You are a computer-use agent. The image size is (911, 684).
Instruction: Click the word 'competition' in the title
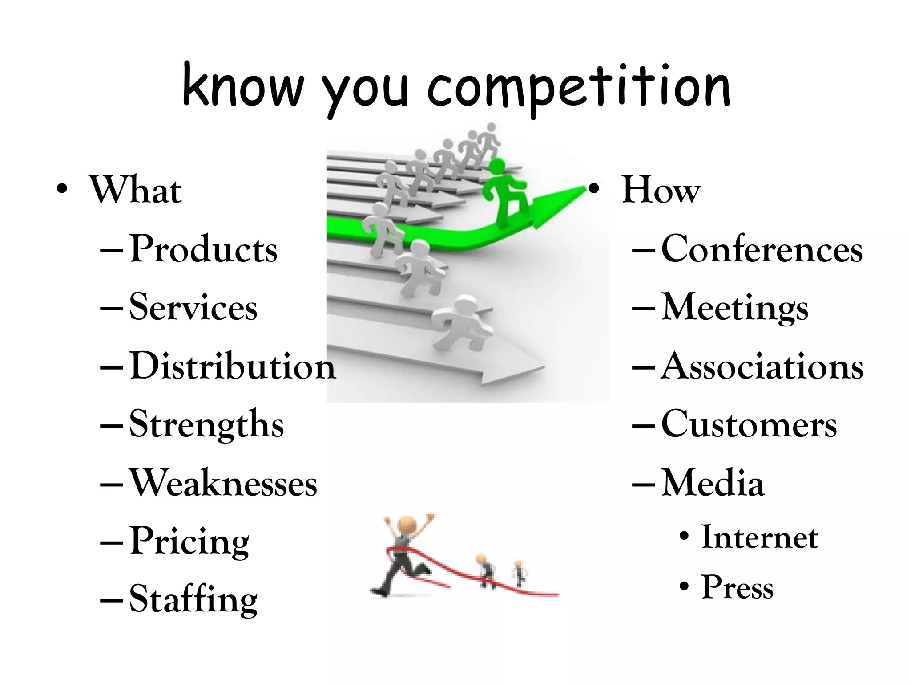(578, 87)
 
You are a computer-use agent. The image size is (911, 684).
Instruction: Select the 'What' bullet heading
(136, 191)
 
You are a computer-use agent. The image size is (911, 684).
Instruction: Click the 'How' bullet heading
(661, 191)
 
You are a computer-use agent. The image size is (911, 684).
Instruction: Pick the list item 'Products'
(203, 249)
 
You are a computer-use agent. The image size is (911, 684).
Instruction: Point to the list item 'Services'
(193, 308)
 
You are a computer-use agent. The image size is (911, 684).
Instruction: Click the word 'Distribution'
(233, 366)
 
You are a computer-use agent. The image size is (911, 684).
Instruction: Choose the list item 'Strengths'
(206, 424)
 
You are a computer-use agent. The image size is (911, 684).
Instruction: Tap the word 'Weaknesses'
(223, 483)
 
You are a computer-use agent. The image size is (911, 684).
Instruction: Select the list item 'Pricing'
(189, 541)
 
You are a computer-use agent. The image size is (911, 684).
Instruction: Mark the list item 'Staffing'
(193, 599)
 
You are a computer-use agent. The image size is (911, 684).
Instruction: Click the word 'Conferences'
(762, 249)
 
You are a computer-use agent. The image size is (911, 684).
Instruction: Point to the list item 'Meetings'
(735, 308)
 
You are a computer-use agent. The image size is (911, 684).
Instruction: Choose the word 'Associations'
(762, 366)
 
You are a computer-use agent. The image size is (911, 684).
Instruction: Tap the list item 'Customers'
(749, 424)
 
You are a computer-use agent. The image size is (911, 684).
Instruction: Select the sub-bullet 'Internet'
(759, 537)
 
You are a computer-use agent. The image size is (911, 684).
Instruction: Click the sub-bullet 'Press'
(738, 587)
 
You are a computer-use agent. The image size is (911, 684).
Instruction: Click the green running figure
(505, 194)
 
